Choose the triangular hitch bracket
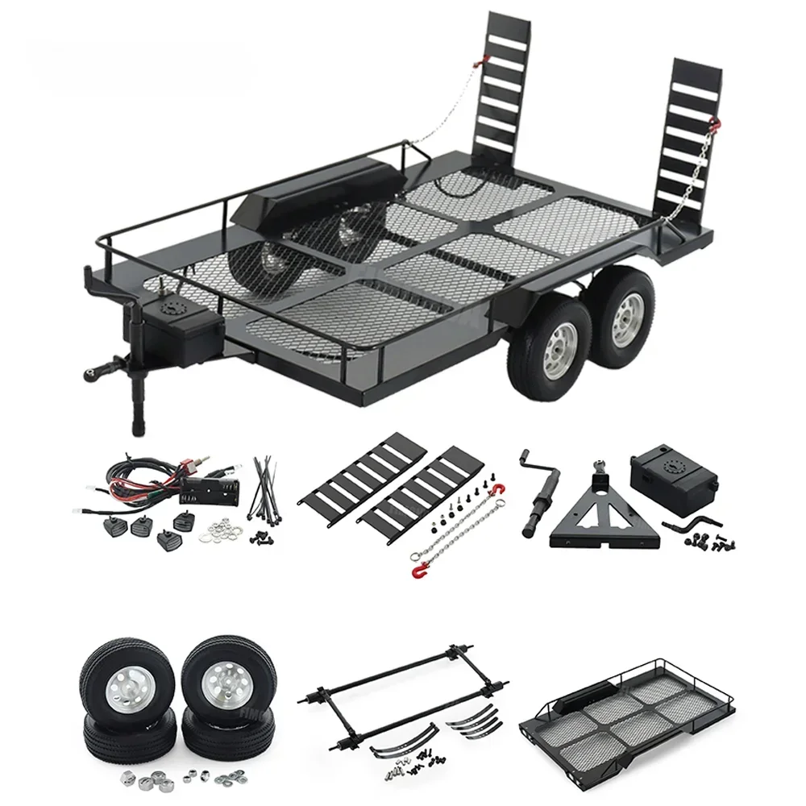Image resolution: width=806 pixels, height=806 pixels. (593, 516)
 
